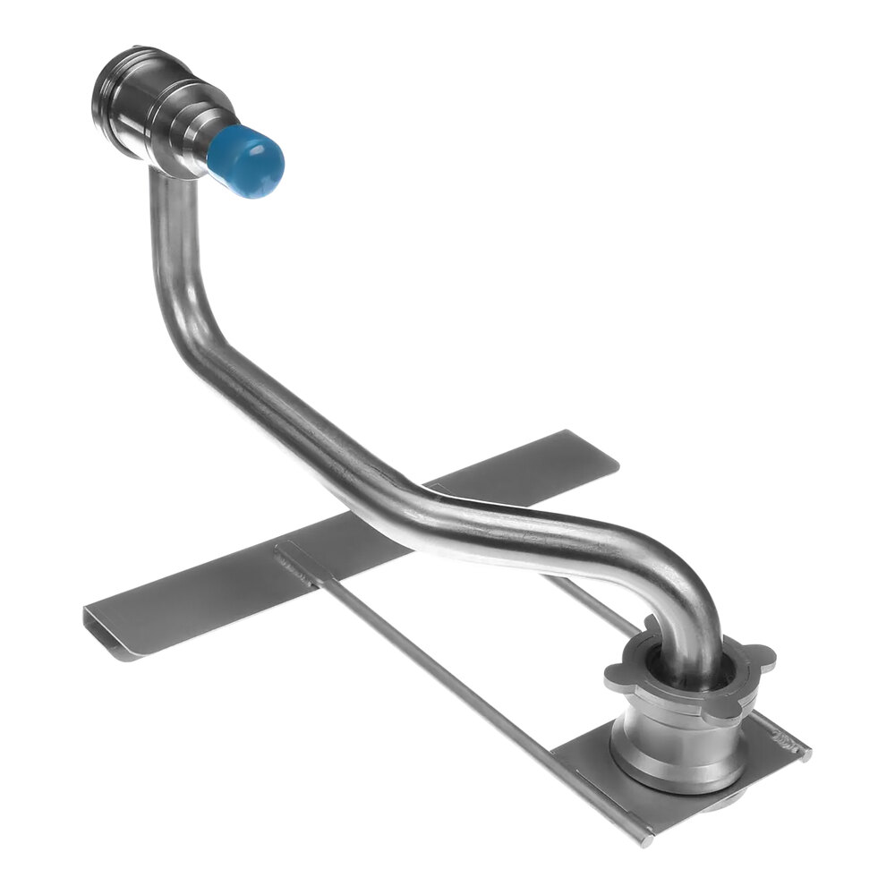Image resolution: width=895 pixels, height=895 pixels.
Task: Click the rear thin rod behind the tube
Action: pos(591,600)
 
